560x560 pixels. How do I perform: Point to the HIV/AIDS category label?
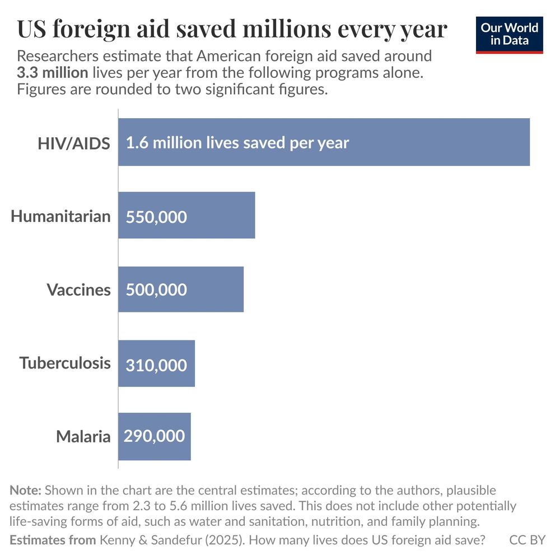[x=73, y=143]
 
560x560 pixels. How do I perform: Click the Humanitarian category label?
[x=60, y=216]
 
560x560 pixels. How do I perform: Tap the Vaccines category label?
[x=78, y=290]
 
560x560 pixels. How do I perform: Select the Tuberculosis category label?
[x=65, y=363]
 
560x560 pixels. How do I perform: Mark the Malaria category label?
[x=83, y=436]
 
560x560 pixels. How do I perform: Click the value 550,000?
[x=156, y=217]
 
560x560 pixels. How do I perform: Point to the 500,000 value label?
[x=156, y=290]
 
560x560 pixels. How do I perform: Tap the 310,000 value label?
[x=156, y=365]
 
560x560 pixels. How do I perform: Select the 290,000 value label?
[x=155, y=436]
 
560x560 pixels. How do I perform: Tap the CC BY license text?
[x=527, y=540]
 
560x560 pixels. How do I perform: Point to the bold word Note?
[x=25, y=491]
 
